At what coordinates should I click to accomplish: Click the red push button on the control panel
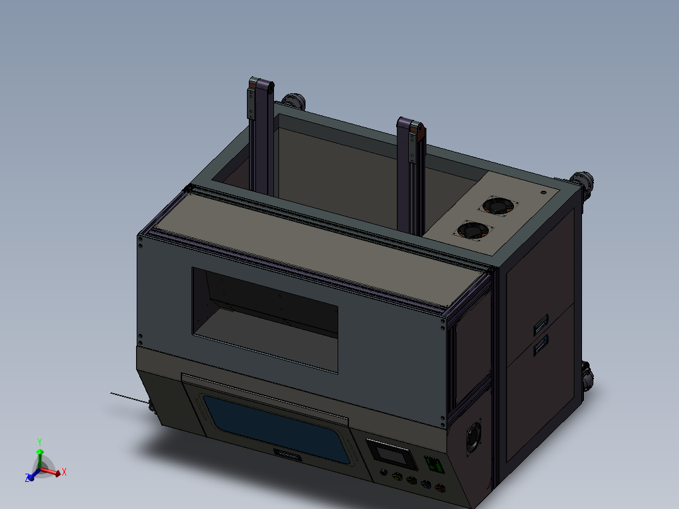384,472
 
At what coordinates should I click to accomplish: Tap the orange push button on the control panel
440,488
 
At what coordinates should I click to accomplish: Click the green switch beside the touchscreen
435,465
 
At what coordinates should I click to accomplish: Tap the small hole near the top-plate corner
543,192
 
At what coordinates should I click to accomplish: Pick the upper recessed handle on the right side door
540,327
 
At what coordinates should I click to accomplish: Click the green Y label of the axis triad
39,442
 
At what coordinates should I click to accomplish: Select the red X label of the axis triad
64,471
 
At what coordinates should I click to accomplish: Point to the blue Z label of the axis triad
28,479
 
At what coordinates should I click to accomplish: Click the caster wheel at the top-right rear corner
585,181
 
